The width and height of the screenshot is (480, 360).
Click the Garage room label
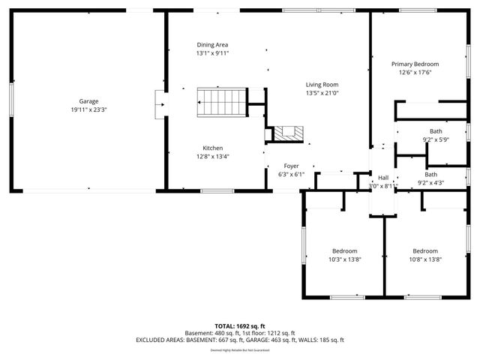(x=89, y=101)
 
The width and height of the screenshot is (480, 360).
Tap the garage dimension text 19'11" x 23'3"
(x=89, y=110)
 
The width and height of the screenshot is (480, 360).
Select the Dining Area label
(x=212, y=44)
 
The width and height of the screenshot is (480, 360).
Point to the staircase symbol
(x=221, y=101)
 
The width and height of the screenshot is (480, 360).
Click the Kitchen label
(x=212, y=148)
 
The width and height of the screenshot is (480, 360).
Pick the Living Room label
(x=322, y=85)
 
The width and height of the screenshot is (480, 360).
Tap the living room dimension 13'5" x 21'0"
(x=322, y=94)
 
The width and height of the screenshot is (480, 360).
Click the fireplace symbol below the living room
(x=287, y=133)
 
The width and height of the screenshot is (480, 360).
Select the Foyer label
(x=291, y=166)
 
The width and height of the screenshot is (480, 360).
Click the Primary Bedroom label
(x=415, y=64)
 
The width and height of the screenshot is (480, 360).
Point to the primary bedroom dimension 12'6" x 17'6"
(x=415, y=73)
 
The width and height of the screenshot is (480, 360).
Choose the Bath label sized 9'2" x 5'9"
(x=436, y=131)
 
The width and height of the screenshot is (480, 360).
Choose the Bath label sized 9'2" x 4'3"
(x=431, y=174)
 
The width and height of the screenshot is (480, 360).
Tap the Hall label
(x=383, y=178)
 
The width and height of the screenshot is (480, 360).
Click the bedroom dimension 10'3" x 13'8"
(x=345, y=259)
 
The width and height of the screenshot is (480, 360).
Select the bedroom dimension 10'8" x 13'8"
(x=425, y=259)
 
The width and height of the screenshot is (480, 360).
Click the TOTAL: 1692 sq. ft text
(x=240, y=326)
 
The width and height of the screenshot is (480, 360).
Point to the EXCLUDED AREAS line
(x=240, y=340)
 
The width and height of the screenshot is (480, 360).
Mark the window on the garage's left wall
(x=10, y=100)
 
